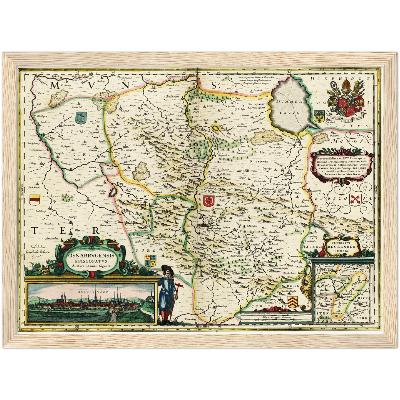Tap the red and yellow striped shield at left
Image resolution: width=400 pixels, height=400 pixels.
pos(35,199)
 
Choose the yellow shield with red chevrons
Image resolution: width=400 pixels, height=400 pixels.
pos(293,301)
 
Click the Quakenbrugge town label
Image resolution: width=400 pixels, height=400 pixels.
pos(177,77)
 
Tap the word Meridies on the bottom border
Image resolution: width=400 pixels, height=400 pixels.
pos(202,327)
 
